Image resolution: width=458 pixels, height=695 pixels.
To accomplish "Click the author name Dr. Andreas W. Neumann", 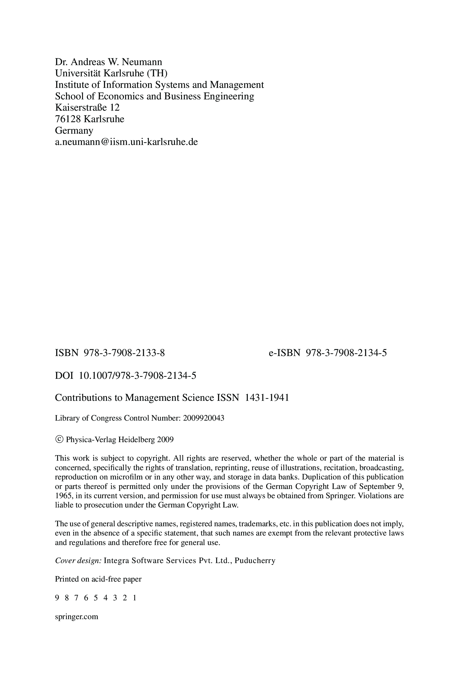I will [x=108, y=62].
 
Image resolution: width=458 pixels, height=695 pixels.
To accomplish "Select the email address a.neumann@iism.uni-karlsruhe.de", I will [x=126, y=142].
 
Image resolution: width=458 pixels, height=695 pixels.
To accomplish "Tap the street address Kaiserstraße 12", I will [x=87, y=108].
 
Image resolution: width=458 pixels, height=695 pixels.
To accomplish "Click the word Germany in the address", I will [x=74, y=130].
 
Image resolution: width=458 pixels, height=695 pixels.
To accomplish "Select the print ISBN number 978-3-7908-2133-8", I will [x=124, y=353].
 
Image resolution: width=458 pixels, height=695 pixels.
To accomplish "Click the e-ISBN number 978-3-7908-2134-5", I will [x=346, y=353].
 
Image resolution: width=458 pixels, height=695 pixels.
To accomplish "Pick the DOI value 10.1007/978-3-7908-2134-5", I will [x=138, y=376].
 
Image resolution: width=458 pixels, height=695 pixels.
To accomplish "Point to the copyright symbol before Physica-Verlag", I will [x=59, y=440].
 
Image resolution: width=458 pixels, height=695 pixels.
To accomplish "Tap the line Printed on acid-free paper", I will [x=98, y=579].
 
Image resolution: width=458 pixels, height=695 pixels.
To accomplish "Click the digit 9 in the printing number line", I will [x=57, y=598].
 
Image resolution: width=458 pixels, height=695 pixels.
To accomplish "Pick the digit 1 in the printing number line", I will [x=134, y=598].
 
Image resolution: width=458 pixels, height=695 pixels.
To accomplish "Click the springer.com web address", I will [x=77, y=617].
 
